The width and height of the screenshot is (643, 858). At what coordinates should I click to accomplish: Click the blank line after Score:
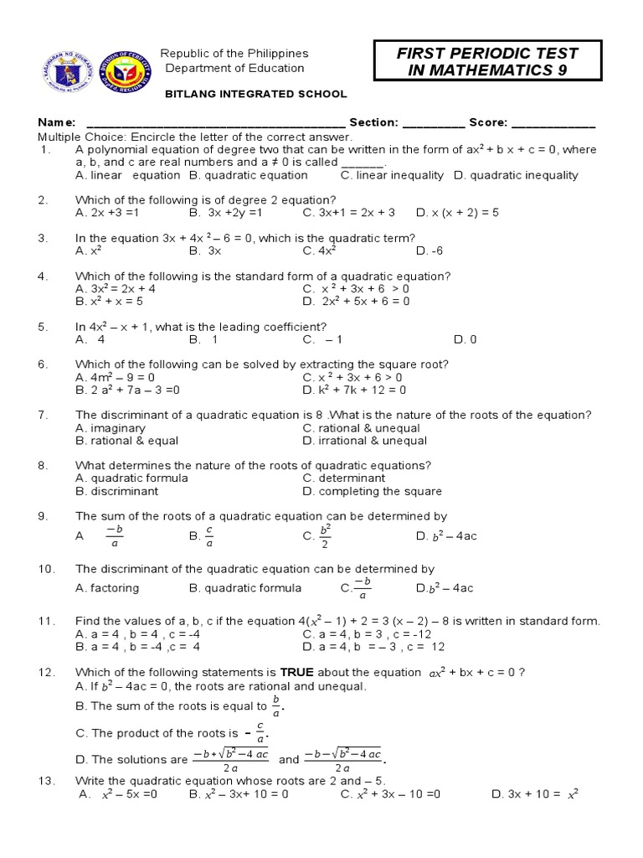click(552, 124)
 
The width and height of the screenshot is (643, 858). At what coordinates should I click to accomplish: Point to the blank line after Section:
click(433, 124)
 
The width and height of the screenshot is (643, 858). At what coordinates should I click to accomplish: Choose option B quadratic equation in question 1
click(249, 175)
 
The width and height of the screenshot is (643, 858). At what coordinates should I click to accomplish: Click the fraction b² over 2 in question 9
click(326, 536)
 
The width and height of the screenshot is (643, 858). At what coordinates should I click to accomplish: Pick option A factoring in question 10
click(107, 588)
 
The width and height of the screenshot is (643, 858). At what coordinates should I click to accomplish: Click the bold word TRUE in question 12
click(295, 672)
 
